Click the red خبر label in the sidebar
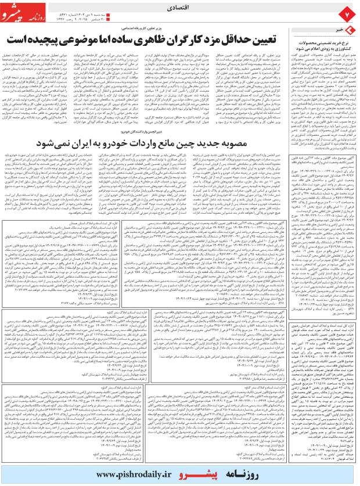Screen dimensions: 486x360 click(334, 28)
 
